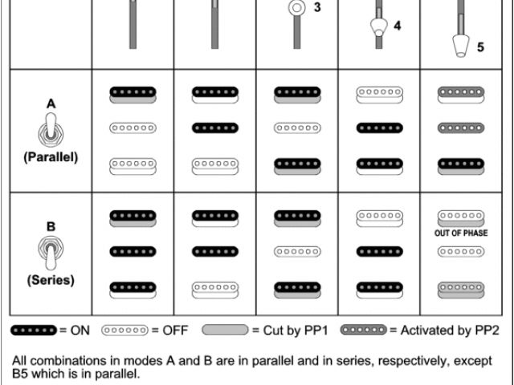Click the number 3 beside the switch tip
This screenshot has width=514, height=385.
coord(317,7)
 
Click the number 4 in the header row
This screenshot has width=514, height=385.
coord(397,26)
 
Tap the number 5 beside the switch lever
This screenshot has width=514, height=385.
coord(480,47)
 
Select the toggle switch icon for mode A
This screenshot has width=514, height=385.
coord(51,129)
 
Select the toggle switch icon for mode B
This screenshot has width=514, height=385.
coord(51,253)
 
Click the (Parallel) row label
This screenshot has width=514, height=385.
coord(51,157)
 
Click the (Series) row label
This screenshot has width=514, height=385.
coord(51,281)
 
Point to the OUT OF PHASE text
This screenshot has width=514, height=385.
coord(460,233)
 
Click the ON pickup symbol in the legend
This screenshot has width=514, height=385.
coord(34,330)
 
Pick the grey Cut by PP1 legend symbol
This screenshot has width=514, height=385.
coord(225,330)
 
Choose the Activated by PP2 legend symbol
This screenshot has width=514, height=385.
coord(364,330)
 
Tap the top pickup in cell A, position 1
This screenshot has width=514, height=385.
coord(133,94)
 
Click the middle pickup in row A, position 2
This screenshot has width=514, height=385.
coord(215,128)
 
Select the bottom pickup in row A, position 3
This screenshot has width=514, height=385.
coord(297,164)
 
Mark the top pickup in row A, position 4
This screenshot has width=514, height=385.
coord(379,94)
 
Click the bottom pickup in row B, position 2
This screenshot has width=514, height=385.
coord(215,289)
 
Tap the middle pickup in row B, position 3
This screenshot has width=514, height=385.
coord(297,252)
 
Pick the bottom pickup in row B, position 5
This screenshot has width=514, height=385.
coord(460,289)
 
